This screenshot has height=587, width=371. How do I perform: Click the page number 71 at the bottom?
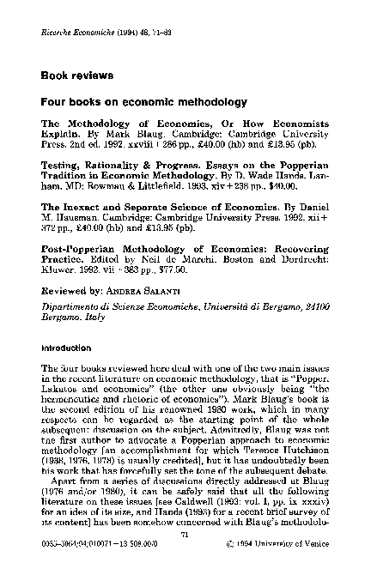point(185,557)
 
